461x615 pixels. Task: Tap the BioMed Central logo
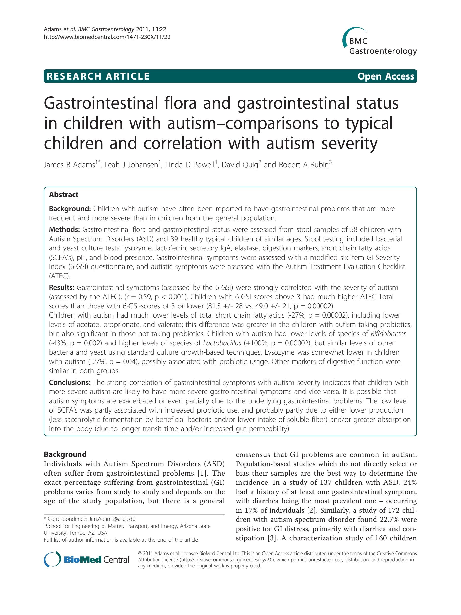[86, 559]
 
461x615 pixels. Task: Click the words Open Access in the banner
[385, 76]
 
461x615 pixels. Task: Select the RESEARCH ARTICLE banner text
[98, 76]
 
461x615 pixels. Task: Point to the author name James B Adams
[70, 165]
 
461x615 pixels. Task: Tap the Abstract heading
[64, 195]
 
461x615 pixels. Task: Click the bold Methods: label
[64, 229]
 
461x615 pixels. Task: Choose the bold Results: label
[62, 288]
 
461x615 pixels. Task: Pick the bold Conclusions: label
[70, 382]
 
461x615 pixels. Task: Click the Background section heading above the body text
[65, 454]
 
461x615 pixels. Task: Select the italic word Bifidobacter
[388, 334]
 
